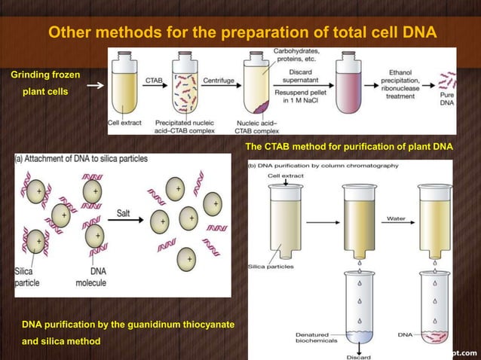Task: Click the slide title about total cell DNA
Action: tap(242, 32)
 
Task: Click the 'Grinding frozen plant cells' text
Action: tap(45, 83)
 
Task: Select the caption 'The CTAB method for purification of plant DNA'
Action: tap(349, 146)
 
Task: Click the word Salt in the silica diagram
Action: tap(124, 214)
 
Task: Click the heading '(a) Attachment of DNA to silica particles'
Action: tap(81, 159)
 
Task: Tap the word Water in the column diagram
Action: tap(396, 218)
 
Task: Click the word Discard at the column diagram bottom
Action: tap(360, 355)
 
